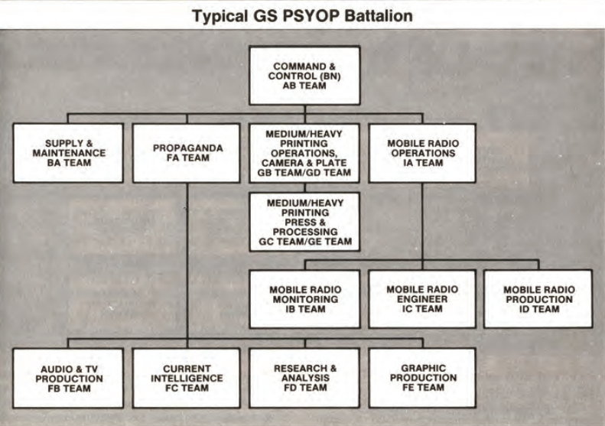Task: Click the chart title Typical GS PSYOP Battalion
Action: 302,15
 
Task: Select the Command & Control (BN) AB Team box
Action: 304,75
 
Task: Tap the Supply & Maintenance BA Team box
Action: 68,153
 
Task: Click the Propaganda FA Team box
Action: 186,153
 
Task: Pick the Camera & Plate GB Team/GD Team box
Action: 304,153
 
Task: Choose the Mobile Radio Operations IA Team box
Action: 421,153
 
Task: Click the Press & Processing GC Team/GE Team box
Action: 304,221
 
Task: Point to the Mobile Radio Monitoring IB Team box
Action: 304,299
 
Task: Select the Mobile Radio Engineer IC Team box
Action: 421,299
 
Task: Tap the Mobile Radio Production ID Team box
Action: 538,299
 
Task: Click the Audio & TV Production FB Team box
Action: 68,378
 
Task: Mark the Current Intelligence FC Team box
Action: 186,378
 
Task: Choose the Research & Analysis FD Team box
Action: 304,378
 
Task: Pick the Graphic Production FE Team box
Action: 421,378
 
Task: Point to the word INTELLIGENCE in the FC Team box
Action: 186,378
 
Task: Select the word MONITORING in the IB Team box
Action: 304,299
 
